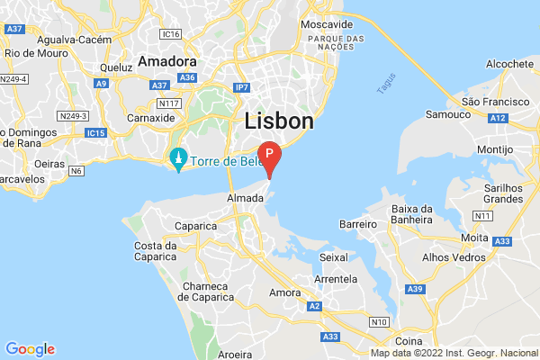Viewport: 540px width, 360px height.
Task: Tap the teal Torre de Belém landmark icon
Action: point(178,160)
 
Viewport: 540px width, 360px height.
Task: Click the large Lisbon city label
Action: point(279,121)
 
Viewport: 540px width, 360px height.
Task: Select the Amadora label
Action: point(166,62)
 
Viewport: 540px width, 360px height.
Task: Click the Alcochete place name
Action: point(510,64)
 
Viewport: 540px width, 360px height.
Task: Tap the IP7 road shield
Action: point(242,87)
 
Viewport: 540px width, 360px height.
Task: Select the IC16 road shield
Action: point(172,33)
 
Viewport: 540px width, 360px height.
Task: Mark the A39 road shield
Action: point(415,288)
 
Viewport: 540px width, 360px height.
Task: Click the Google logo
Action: point(30,349)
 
